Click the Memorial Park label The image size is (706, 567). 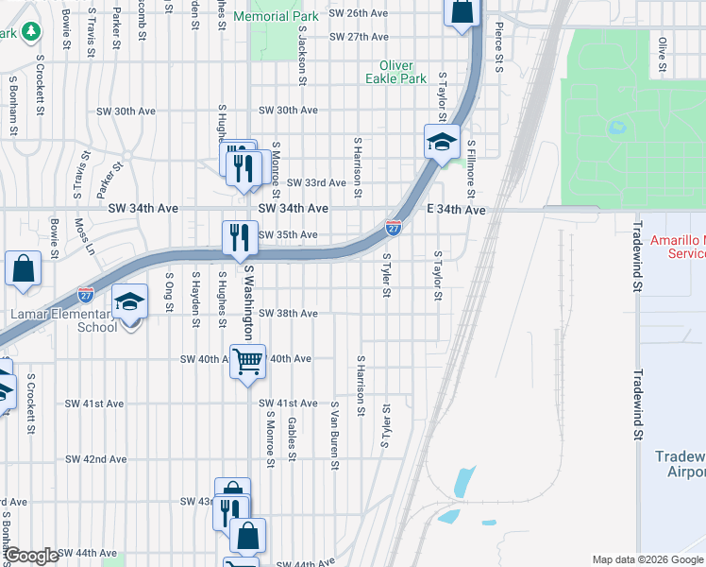(276, 17)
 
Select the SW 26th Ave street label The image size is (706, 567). (359, 14)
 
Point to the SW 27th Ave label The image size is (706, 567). (360, 37)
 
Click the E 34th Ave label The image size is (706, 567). (456, 210)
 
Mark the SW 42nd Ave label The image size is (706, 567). (97, 459)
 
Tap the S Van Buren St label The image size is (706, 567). (334, 435)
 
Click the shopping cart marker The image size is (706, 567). (247, 360)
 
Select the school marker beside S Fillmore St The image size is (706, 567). (441, 144)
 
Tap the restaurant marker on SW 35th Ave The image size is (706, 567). (240, 236)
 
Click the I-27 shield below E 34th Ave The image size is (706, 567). (394, 228)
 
